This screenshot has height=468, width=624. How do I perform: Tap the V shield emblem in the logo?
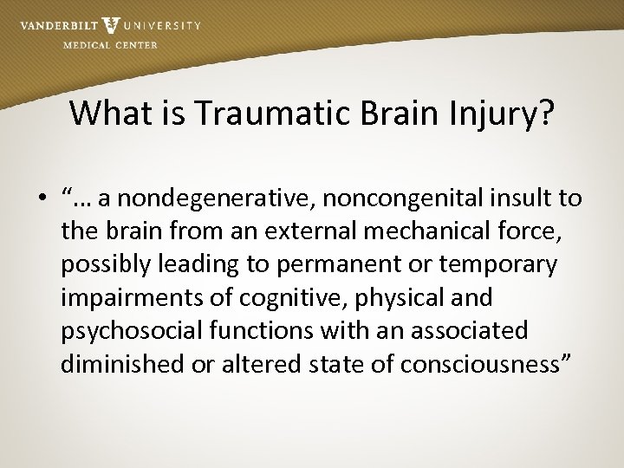coord(111,26)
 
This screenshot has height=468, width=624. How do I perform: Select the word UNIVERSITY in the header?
coord(163,25)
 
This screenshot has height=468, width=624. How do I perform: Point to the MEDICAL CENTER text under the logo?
coord(110,44)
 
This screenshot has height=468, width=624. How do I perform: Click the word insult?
coord(526,199)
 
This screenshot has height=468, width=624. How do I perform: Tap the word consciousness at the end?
coord(484,363)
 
